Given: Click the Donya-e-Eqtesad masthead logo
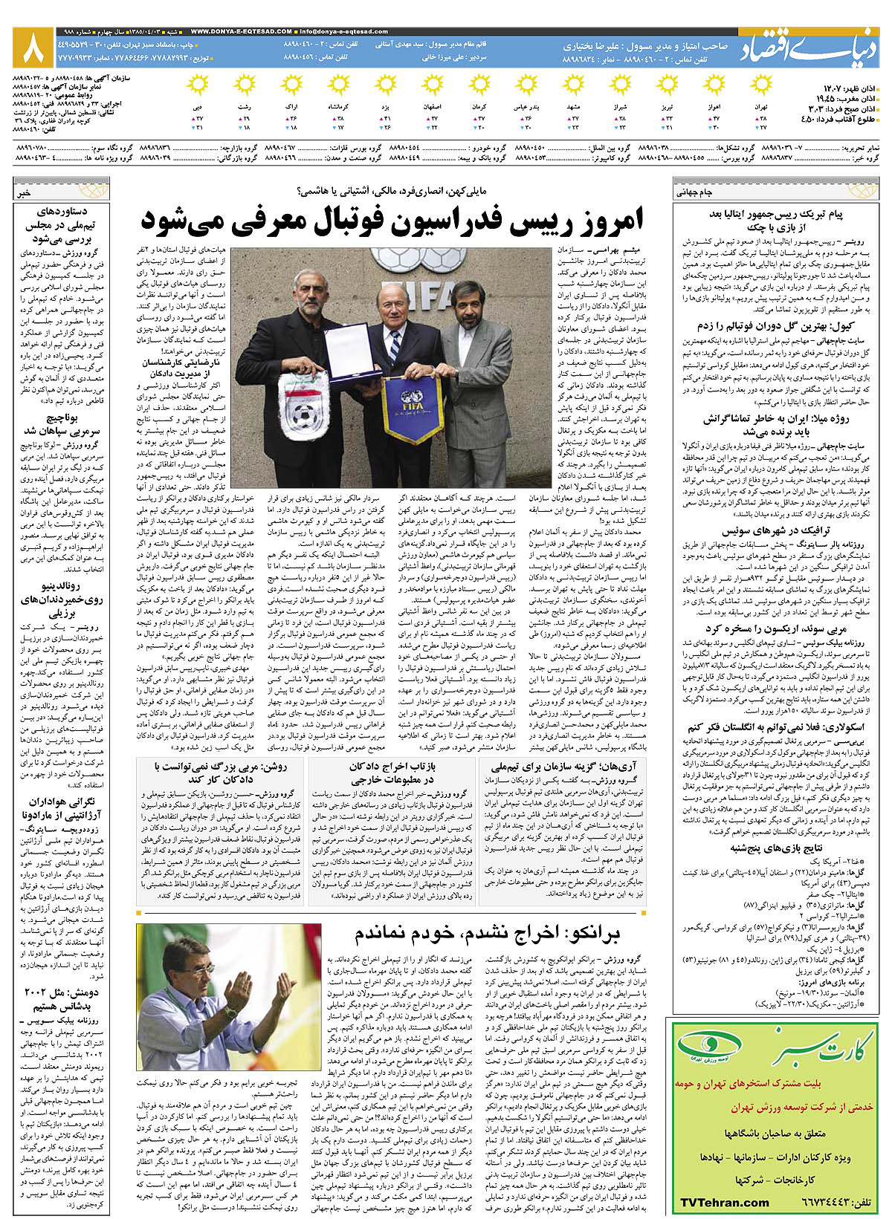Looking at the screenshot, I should pyautogui.click(x=808, y=48).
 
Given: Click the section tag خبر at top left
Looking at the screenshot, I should pyautogui.click(x=25, y=192).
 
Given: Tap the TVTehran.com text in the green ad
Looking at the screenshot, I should pyautogui.click(x=725, y=1202).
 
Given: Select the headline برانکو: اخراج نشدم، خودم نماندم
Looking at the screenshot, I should pyautogui.click(x=487, y=934).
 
